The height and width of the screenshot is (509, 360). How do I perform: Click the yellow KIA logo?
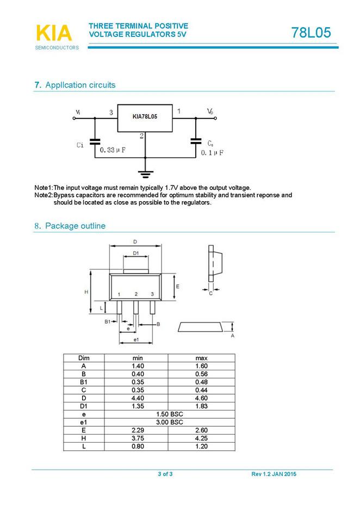click(54, 33)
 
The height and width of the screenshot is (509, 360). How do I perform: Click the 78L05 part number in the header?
click(311, 33)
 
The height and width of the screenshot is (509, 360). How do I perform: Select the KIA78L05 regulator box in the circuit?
click(145, 117)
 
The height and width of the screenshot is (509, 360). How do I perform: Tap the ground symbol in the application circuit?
click(145, 175)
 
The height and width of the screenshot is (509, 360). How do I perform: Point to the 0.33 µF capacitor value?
click(113, 150)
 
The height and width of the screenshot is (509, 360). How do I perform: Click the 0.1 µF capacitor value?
click(213, 153)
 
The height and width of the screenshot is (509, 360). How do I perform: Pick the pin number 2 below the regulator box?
click(141, 136)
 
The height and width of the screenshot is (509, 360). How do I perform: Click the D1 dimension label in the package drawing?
click(136, 253)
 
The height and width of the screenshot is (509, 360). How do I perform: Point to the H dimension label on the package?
click(86, 292)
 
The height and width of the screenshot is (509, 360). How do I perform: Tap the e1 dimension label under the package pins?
click(136, 340)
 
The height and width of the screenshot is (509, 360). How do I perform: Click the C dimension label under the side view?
click(211, 294)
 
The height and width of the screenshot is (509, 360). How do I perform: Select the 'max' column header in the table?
click(201, 358)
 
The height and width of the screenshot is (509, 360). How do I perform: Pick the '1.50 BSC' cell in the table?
click(170, 414)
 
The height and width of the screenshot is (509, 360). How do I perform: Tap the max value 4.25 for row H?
click(201, 438)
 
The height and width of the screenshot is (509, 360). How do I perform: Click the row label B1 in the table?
click(84, 382)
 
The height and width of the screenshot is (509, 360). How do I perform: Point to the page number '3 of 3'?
click(165, 475)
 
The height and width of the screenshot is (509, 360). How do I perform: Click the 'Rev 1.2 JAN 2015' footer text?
click(274, 475)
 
